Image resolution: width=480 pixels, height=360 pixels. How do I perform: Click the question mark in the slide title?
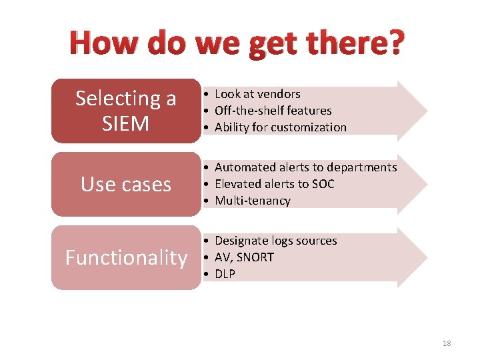point(395,43)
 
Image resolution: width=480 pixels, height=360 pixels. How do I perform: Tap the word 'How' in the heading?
point(100,43)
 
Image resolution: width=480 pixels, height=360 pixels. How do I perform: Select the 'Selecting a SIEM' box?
point(126,111)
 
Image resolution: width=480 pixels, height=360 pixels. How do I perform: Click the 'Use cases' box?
point(126,184)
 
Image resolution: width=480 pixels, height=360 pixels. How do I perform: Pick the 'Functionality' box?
point(126,257)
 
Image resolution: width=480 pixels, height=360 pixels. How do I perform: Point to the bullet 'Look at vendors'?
point(257,94)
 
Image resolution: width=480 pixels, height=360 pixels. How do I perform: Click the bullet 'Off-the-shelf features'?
point(273,111)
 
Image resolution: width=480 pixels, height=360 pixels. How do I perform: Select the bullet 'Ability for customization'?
point(281,127)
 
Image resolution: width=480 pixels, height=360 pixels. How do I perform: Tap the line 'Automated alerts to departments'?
point(305,167)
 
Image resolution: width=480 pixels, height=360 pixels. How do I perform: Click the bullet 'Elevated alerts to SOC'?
point(274,184)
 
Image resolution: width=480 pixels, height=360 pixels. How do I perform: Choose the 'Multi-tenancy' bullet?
point(253,201)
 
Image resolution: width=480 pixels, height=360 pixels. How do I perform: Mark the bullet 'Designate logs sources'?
point(275,241)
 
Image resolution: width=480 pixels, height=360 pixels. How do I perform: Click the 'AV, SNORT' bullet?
point(244,257)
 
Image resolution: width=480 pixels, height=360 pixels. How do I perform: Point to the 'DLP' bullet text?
point(225,274)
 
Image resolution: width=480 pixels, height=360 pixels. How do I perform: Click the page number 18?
point(447,343)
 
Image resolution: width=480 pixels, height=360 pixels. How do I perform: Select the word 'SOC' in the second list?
point(323,184)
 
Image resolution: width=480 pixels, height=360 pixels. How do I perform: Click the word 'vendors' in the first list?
point(279,94)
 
